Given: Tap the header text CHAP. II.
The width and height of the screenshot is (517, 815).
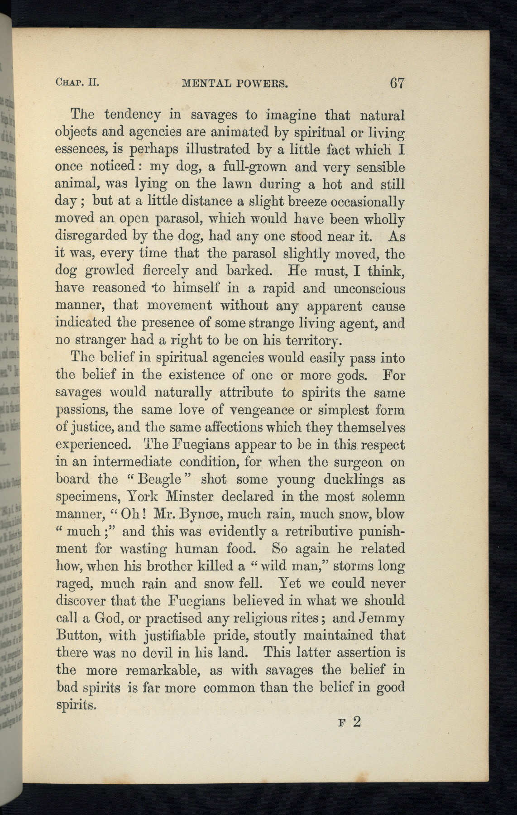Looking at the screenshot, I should (x=77, y=83).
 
